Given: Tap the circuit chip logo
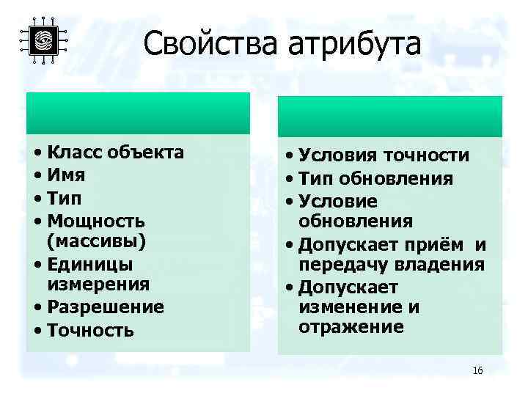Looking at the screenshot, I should [43, 40].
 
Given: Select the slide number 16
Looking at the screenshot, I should [477, 370].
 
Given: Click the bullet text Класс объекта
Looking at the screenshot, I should [114, 153].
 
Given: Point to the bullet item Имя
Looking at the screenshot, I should [65, 175].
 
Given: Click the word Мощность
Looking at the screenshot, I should [95, 220].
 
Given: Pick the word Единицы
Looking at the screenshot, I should [89, 263].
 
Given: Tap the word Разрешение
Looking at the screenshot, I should [105, 307].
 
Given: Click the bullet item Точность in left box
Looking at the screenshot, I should [89, 330].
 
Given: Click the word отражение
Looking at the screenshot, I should [351, 326].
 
